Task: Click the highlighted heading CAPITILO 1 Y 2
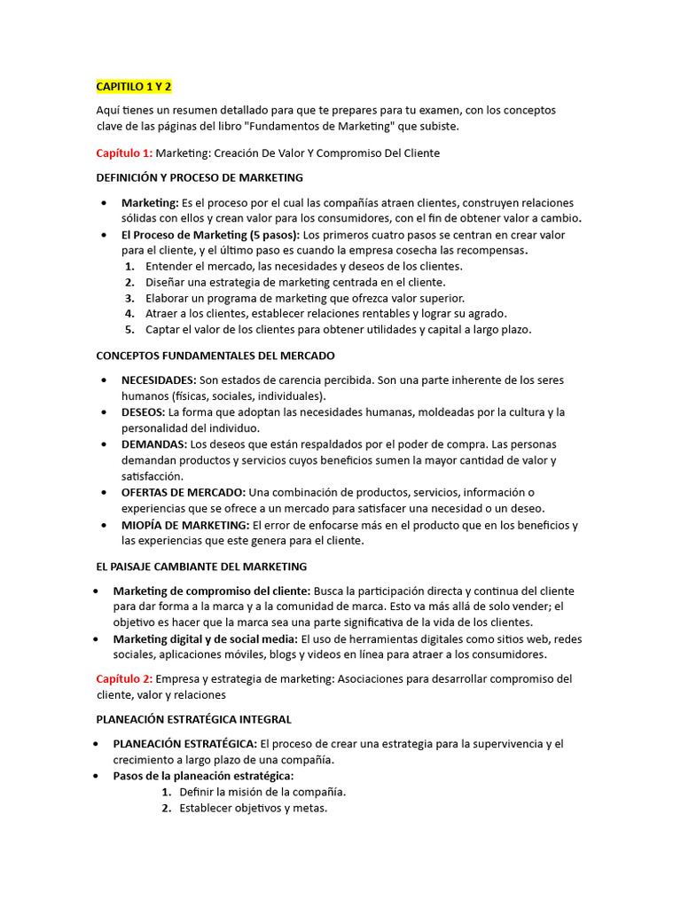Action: click(x=134, y=86)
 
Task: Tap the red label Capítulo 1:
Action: click(x=124, y=153)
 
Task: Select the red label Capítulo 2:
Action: click(x=124, y=679)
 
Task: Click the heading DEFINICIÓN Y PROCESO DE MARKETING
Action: click(x=200, y=178)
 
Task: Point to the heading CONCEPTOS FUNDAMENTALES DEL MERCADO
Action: click(x=215, y=356)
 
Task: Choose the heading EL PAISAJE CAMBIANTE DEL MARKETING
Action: click(x=201, y=567)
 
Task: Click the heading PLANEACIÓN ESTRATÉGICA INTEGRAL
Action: click(x=193, y=719)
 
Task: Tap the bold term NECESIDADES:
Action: click(x=159, y=380)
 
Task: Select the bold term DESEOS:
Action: click(x=143, y=412)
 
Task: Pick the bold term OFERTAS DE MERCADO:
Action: click(x=184, y=492)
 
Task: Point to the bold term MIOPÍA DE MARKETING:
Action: click(x=185, y=525)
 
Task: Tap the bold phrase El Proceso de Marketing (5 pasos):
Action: click(x=211, y=235)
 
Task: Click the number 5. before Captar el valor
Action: click(x=129, y=330)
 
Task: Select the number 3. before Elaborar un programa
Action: click(x=129, y=298)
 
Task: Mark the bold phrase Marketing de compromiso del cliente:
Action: click(x=212, y=591)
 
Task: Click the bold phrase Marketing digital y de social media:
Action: click(x=206, y=639)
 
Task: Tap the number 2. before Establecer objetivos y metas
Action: click(x=167, y=809)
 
